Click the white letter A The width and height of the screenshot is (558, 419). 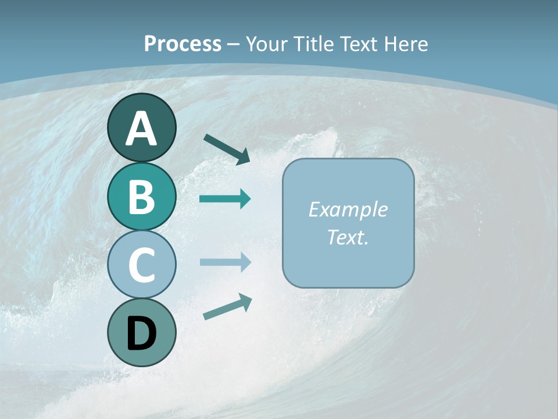[141, 129]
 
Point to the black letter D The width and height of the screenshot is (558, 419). [141, 333]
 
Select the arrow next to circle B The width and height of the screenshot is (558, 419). [225, 199]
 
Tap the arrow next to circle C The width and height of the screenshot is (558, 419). [225, 262]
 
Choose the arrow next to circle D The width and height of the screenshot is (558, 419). [227, 307]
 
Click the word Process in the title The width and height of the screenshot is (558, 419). [183, 44]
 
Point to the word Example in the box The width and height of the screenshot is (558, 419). [348, 210]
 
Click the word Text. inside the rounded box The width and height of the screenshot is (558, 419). [348, 237]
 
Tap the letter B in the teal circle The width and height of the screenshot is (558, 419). [141, 197]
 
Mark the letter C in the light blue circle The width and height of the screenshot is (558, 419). [141, 265]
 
